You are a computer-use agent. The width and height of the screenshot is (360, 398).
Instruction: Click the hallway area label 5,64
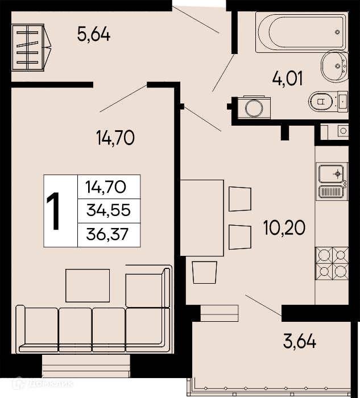coord(94,35)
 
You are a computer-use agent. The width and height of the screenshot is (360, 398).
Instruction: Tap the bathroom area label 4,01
coord(288,78)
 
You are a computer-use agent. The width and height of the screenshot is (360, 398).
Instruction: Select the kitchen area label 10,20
coord(284,227)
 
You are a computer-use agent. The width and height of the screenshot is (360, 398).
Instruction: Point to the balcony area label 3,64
coord(300,342)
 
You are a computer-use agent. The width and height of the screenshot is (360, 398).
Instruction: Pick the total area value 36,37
coord(107,234)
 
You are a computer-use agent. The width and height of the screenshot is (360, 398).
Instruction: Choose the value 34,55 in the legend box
coord(109,210)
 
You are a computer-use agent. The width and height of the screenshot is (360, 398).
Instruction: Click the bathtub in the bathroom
coord(301,32)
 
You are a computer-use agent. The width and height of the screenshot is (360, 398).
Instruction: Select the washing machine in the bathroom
coord(254,107)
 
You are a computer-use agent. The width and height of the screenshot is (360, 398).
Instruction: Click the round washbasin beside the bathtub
coord(334,66)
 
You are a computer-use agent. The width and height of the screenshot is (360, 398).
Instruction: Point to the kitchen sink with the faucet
coord(332,174)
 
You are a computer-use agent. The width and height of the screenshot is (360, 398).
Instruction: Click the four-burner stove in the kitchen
coord(332,263)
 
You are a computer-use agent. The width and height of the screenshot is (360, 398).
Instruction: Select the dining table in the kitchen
coord(202,218)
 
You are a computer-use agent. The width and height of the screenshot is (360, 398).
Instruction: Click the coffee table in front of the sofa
coord(88,285)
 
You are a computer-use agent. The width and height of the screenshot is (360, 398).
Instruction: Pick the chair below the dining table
coord(205,272)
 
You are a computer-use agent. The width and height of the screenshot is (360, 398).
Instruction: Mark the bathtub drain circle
coord(337,32)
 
